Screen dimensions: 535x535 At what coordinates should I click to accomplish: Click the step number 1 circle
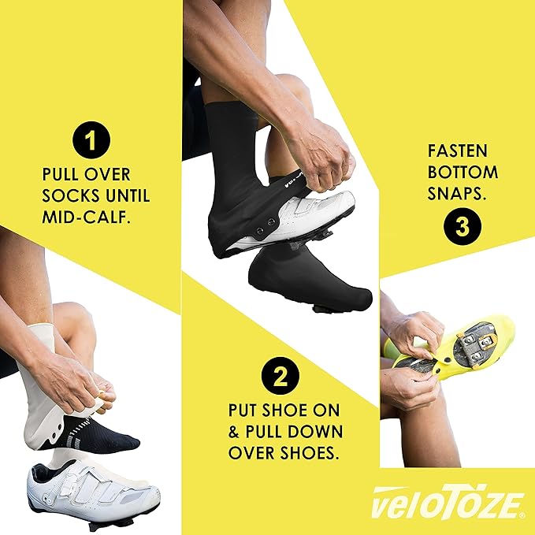tap(93, 142)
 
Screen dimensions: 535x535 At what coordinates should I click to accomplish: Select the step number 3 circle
tap(459, 225)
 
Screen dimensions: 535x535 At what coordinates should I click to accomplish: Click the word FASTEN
tap(458, 150)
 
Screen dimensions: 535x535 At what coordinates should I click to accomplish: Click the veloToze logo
tap(444, 501)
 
